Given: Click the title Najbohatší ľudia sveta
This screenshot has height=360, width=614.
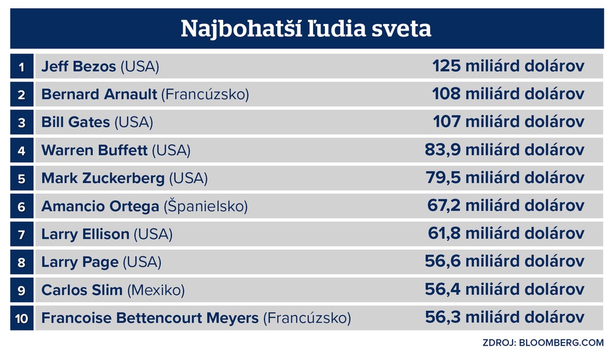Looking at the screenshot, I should point(306,28).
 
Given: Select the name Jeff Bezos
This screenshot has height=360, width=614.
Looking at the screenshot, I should point(79,67).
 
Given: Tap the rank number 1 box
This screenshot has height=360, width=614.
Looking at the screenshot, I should point(22,67).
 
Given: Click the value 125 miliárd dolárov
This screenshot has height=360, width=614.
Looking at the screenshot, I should point(508,66).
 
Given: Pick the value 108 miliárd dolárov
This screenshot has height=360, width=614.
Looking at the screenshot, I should point(508,94).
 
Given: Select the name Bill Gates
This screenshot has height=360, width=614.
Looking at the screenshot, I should point(76,122).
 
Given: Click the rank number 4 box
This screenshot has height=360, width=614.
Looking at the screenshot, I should point(22,151).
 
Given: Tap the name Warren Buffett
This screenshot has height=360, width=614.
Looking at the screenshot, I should point(94,151).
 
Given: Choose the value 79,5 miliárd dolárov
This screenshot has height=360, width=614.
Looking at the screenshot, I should point(504,178).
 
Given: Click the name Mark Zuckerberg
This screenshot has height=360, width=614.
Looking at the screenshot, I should point(103,178).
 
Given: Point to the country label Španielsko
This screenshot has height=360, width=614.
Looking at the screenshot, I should point(206,206).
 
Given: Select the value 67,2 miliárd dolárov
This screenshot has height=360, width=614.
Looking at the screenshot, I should point(505,206).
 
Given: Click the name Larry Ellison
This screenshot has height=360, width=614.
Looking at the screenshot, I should point(85,234).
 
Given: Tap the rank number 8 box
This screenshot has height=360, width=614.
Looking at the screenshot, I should point(22,262).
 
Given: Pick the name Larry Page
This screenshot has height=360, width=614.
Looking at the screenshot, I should point(80,262).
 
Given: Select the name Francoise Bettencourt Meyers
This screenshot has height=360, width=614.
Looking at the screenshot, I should point(150,318).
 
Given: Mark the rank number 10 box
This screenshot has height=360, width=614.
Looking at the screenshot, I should point(22,318).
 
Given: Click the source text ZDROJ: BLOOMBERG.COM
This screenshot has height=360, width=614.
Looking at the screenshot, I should point(543,343).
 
